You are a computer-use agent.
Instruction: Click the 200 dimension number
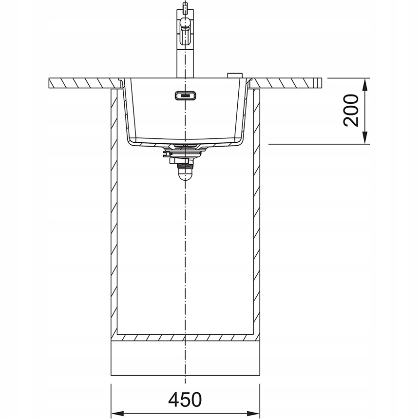(351, 111)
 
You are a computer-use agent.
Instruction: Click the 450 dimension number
(185, 400)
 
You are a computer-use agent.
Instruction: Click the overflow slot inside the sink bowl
(185, 95)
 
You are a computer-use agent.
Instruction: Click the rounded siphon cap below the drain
(185, 173)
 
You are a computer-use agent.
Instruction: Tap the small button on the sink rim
(234, 75)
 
